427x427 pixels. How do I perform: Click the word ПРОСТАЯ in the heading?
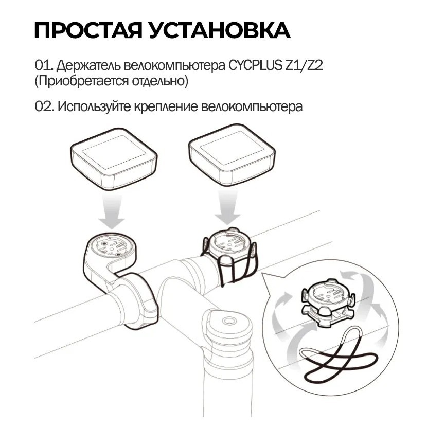(88, 30)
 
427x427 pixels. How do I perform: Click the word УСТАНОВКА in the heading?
(220, 30)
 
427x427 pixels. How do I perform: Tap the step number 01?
(44, 65)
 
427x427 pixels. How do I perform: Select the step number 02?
(45, 106)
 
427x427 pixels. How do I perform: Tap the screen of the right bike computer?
(232, 148)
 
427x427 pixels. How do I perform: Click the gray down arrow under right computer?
(227, 207)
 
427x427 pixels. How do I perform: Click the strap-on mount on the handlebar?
(229, 255)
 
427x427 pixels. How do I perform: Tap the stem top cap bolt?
(228, 321)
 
